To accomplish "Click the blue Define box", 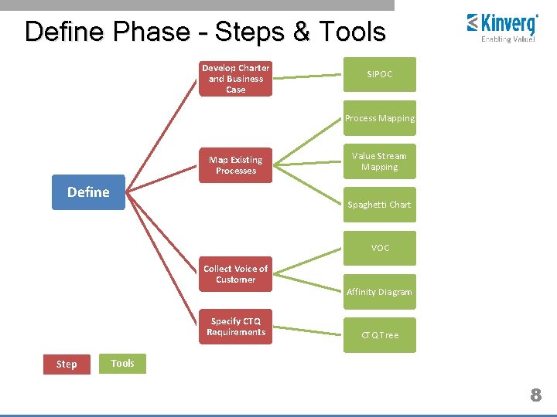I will pyautogui.click(x=88, y=192).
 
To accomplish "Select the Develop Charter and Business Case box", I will pyautogui.click(x=235, y=79).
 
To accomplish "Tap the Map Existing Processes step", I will pyautogui.click(x=235, y=165).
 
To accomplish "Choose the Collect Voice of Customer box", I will pyautogui.click(x=235, y=274).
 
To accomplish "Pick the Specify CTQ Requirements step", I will pyautogui.click(x=235, y=327).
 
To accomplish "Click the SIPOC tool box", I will pyautogui.click(x=379, y=74).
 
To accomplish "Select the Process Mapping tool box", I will pyautogui.click(x=379, y=118).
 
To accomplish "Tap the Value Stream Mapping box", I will pyautogui.click(x=379, y=161).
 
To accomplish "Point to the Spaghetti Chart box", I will pyautogui.click(x=379, y=205).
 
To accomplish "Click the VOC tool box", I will pyautogui.click(x=379, y=248).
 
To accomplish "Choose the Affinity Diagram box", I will pyautogui.click(x=379, y=291).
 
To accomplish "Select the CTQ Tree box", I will pyautogui.click(x=379, y=335).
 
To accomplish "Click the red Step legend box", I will pyautogui.click(x=67, y=364).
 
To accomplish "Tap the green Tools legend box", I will pyautogui.click(x=122, y=363).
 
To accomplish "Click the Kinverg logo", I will pyautogui.click(x=502, y=26).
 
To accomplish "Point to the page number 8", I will pyautogui.click(x=535, y=395).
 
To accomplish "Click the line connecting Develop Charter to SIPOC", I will pyautogui.click(x=308, y=76).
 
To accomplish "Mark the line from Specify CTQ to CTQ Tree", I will pyautogui.click(x=308, y=331).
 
